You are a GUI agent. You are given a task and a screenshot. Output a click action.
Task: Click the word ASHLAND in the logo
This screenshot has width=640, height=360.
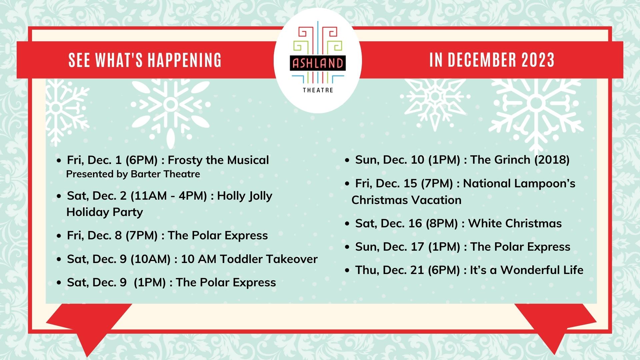318,63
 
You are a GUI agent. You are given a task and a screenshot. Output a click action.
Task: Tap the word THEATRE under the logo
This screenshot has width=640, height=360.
318,90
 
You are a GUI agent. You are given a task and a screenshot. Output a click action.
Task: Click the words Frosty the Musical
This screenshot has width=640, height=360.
218,160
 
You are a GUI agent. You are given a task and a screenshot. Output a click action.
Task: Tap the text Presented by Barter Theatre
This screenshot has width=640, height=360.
133,174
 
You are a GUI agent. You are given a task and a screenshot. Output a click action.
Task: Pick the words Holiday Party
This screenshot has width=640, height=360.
105,212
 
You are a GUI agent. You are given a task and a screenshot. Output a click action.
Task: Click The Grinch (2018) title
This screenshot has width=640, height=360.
520,160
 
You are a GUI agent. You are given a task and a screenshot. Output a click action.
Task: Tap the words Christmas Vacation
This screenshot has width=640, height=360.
406,200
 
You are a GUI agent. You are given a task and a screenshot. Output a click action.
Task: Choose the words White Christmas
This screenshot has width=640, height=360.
515,223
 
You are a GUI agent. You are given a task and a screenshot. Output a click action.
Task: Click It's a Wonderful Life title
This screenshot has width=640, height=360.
527,270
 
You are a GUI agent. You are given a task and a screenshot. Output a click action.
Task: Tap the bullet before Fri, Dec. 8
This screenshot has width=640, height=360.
59,236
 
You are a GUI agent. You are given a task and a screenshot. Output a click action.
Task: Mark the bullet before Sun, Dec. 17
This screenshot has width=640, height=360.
347,247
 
